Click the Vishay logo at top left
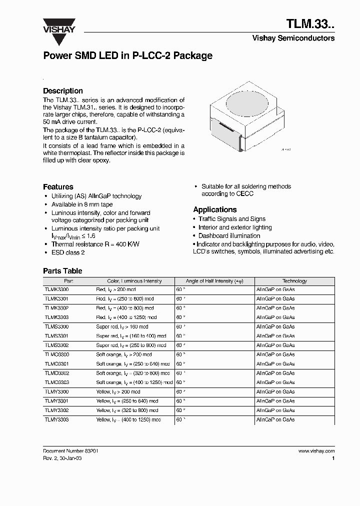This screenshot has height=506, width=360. coord(58,25)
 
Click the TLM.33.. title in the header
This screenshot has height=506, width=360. coord(310,23)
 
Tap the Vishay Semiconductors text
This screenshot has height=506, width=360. coord(293,38)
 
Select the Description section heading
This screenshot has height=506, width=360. coord(63,91)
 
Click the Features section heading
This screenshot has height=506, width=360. coord(58,186)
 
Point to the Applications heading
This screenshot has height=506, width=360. coord(215,209)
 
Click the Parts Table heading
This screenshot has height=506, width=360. coord(62,271)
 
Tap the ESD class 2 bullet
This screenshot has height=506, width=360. coord(68,252)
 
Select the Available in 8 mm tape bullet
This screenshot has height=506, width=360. coord(82,204)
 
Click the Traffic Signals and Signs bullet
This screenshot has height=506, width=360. coord(232,219)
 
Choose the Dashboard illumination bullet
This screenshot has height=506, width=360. coord(229,235)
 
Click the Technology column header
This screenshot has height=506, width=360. coord(294,281)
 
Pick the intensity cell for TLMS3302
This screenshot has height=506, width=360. coord(131,345)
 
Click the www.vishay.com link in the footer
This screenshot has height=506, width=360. coord(316,450)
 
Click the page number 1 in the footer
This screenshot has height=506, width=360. coord(333,458)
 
